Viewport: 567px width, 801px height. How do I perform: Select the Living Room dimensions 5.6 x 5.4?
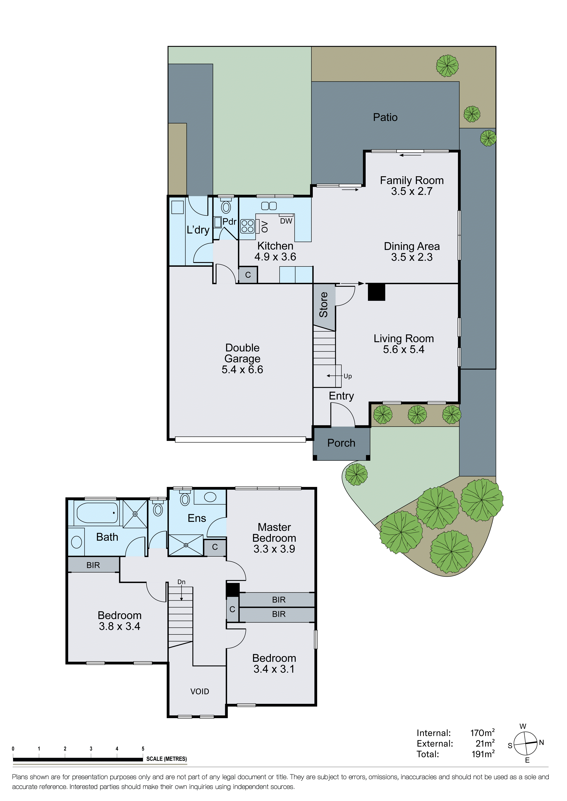[x=404, y=350]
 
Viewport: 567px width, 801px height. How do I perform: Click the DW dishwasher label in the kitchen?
[x=286, y=221]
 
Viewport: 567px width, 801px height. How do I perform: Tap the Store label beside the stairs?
[x=324, y=305]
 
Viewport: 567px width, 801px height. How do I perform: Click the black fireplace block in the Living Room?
[x=376, y=292]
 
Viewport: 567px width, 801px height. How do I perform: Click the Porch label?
[x=341, y=443]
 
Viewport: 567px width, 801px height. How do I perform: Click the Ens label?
[x=197, y=518]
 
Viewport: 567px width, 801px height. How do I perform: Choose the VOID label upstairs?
[x=200, y=691]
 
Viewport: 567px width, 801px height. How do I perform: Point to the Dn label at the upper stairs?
[x=181, y=582]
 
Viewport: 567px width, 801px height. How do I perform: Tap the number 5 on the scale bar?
[x=143, y=749]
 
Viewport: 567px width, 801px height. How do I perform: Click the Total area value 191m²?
[x=483, y=754]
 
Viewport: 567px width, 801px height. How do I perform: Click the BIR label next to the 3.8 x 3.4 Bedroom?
[x=93, y=565]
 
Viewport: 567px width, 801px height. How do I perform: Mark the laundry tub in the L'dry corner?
[x=177, y=207]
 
